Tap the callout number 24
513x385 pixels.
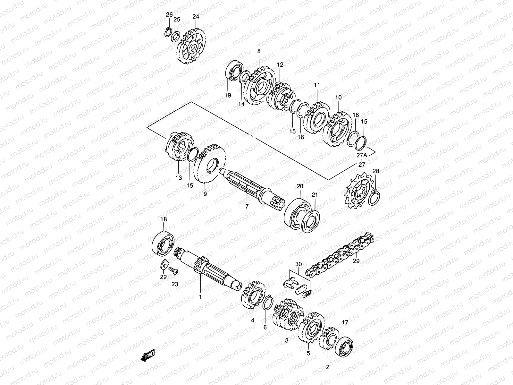(196, 17)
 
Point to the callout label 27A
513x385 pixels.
(362, 155)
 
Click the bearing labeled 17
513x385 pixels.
(345, 343)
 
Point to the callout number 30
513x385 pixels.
(299, 264)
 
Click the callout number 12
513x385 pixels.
(280, 64)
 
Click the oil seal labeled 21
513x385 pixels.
(311, 218)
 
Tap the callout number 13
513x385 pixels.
(179, 177)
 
